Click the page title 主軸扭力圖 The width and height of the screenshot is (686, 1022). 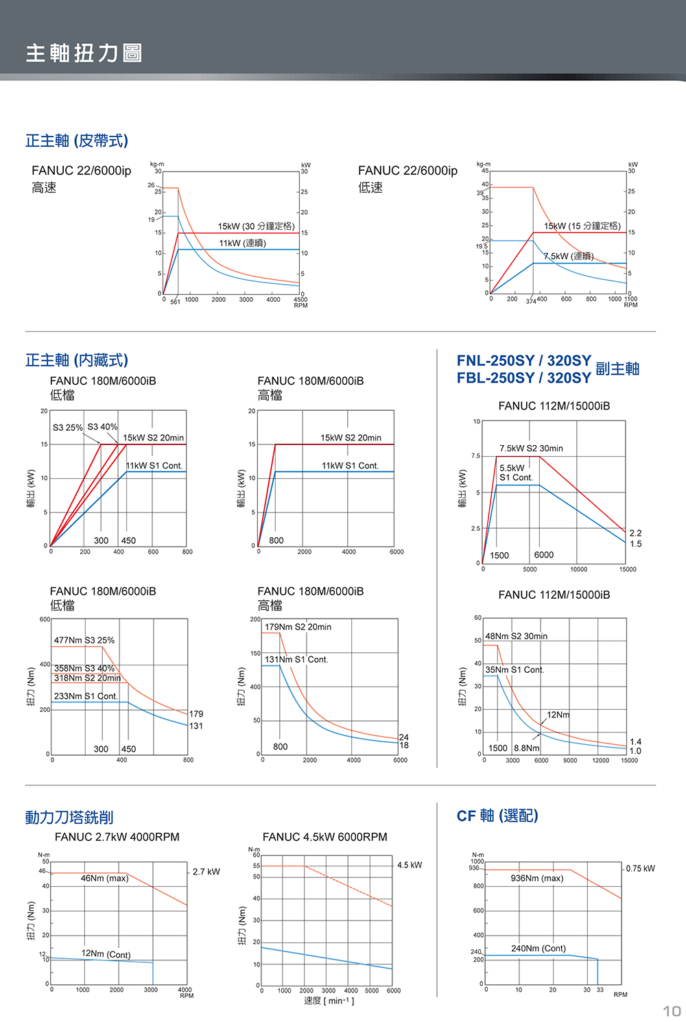point(84,53)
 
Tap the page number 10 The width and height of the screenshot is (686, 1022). point(671,1010)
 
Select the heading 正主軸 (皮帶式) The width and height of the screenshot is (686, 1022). point(77,141)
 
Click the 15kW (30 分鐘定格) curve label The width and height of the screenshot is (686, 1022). point(256,226)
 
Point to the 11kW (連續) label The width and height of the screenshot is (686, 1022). point(243,243)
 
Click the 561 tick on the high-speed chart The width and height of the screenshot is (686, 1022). point(175,302)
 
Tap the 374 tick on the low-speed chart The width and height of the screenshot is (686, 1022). point(530,302)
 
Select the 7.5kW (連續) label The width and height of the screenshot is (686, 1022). point(569,256)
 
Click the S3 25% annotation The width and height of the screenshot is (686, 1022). point(67,427)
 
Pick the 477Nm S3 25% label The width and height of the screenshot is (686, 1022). point(84,640)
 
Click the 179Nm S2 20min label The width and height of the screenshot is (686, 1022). point(298,627)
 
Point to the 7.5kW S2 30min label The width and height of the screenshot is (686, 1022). point(531,448)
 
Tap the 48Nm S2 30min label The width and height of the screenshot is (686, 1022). point(517,636)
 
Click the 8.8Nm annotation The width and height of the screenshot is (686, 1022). point(527,748)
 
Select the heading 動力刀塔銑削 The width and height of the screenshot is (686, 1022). point(69,817)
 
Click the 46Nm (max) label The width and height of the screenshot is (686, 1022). point(104,878)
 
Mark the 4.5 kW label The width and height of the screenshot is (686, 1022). point(410,865)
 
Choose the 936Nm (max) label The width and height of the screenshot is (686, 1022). point(537,878)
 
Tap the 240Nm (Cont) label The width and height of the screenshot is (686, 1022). point(539,948)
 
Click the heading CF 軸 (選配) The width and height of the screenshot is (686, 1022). point(497,816)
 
